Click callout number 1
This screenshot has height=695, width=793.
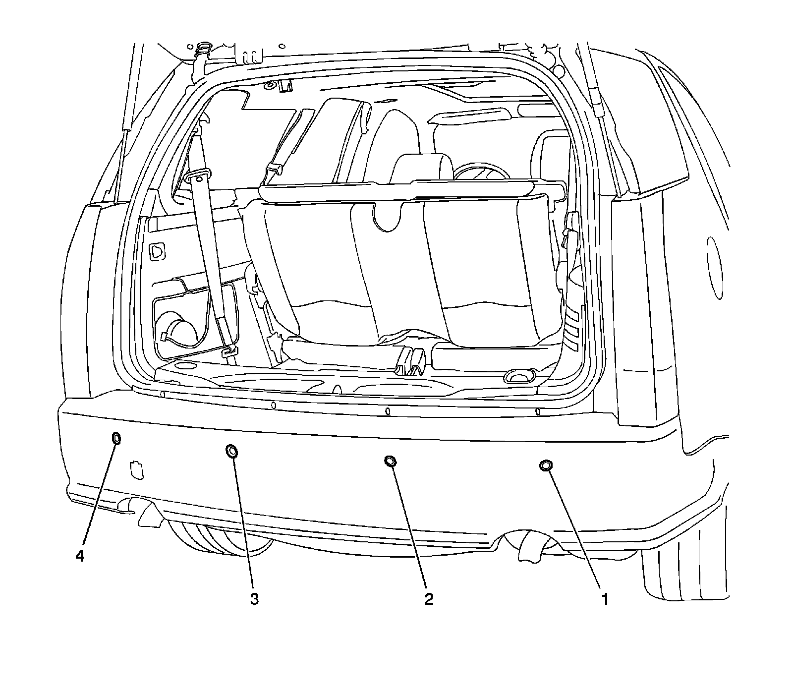(x=604, y=599)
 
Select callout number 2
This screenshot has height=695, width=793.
(x=429, y=599)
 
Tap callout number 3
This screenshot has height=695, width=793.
(x=254, y=599)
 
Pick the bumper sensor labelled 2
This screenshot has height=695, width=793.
(x=390, y=461)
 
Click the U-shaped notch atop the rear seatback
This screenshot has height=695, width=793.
(x=387, y=216)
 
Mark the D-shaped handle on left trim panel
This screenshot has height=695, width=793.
(x=158, y=251)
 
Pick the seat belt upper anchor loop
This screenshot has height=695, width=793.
(x=199, y=177)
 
